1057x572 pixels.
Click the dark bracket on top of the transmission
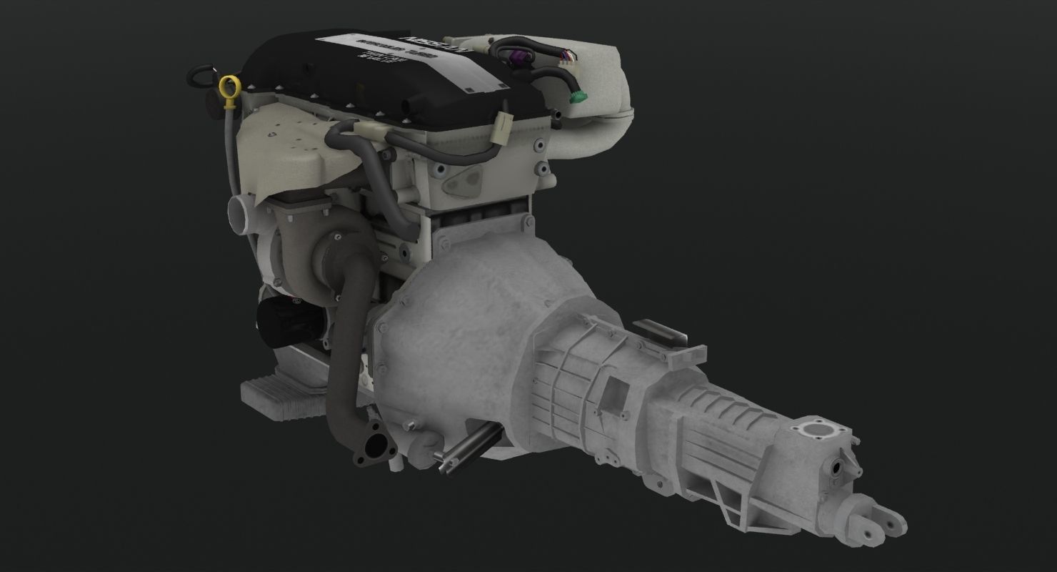[x=661, y=332]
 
